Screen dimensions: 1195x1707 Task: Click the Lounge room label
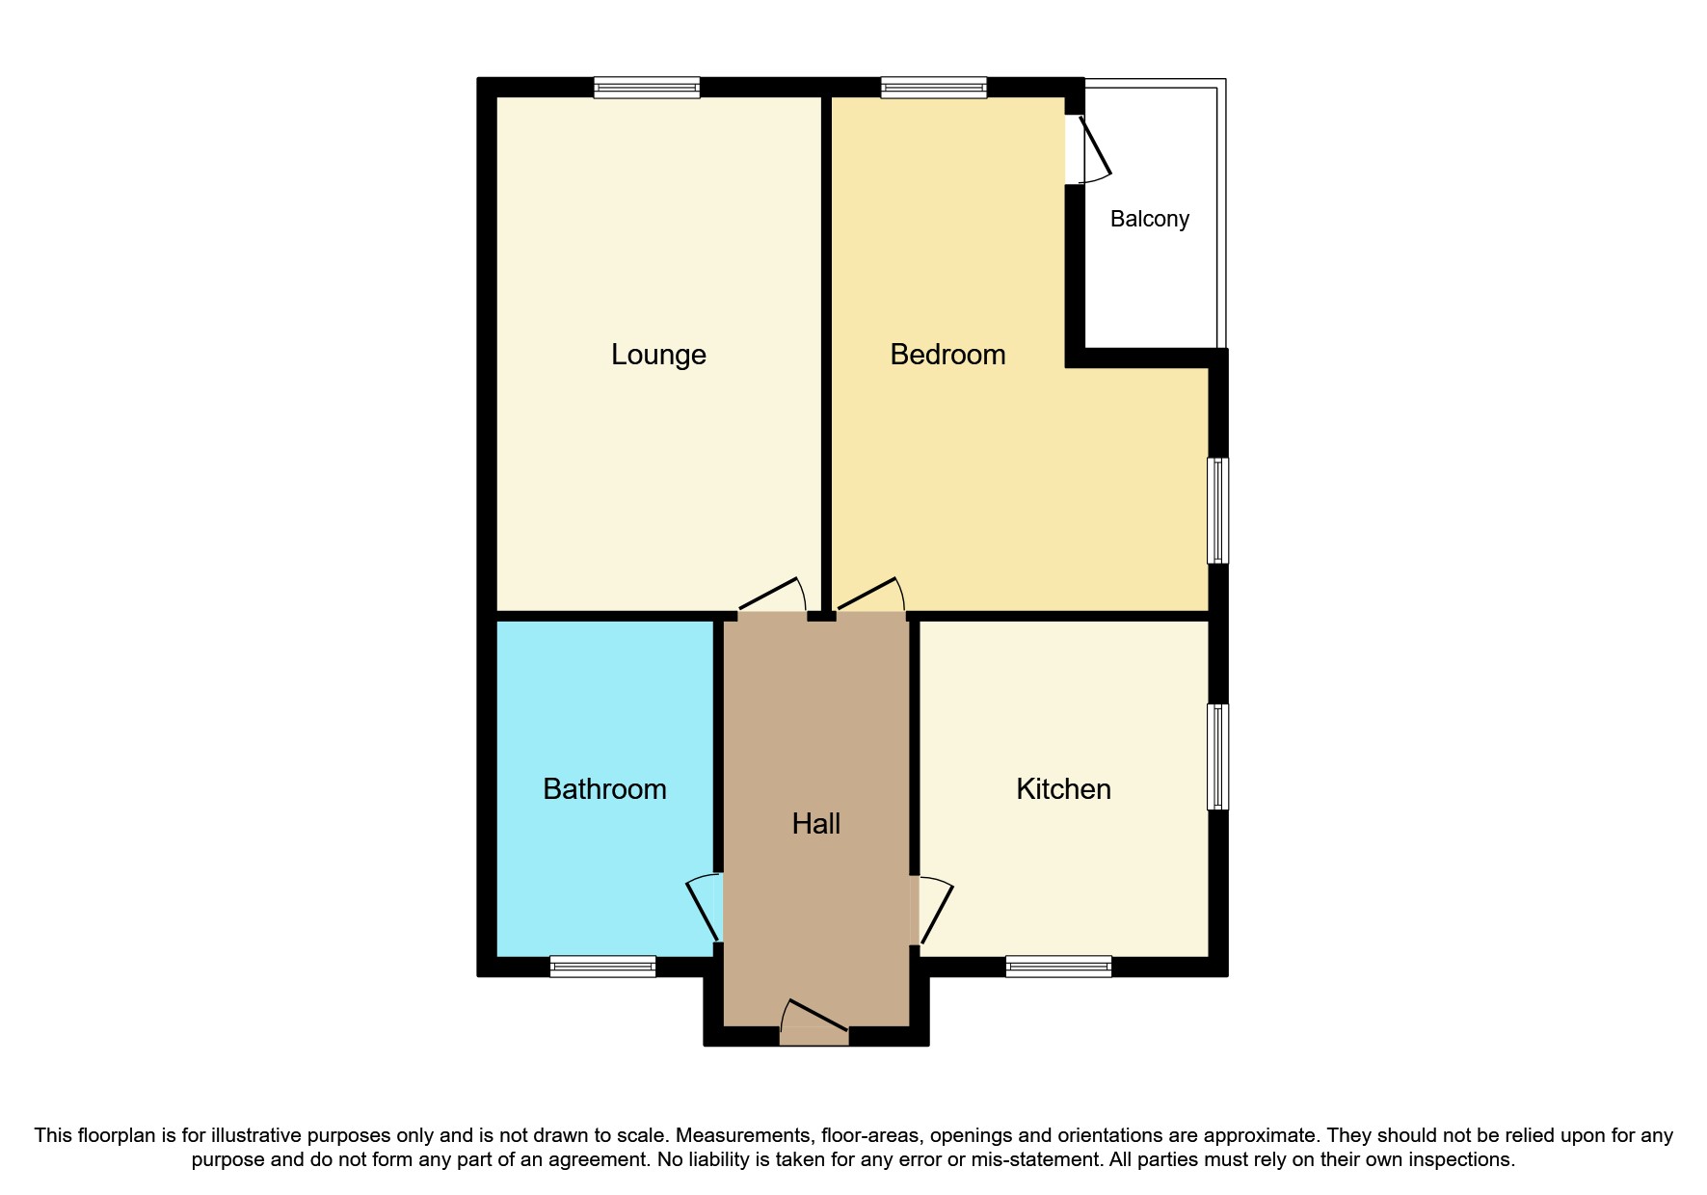(x=658, y=355)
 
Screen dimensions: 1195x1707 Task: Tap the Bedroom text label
(x=947, y=355)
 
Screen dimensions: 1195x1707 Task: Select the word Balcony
(x=1149, y=219)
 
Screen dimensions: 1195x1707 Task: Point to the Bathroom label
(x=604, y=789)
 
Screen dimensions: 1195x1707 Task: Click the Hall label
(x=815, y=824)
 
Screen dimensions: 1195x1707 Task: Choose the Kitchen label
(x=1063, y=789)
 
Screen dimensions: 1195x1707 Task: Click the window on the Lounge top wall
(x=646, y=88)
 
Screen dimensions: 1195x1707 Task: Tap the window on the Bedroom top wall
(x=933, y=88)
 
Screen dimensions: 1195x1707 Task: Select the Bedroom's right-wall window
(x=1218, y=510)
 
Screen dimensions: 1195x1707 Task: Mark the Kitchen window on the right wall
(x=1218, y=757)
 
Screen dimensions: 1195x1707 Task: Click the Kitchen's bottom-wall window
(x=1058, y=966)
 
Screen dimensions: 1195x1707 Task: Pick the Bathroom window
(x=602, y=966)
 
